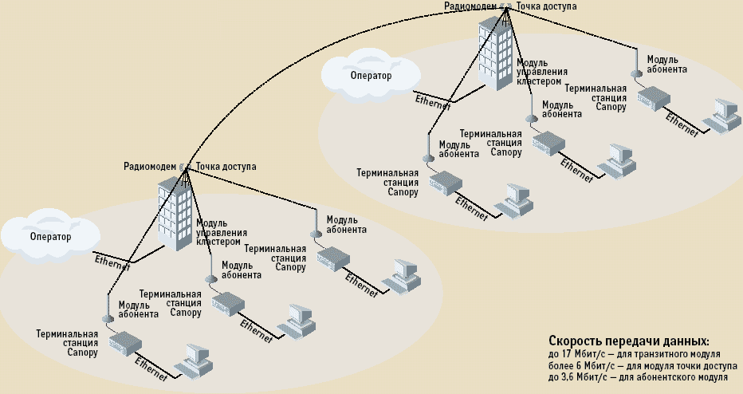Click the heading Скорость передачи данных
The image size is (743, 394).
[x=629, y=340]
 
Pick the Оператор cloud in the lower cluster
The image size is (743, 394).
[x=49, y=237]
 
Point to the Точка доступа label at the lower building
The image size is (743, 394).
[x=226, y=167]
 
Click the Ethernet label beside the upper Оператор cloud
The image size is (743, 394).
[x=433, y=102]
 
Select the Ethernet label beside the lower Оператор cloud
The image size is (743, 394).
[x=112, y=262]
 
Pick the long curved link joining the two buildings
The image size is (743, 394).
[x=319, y=56]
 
